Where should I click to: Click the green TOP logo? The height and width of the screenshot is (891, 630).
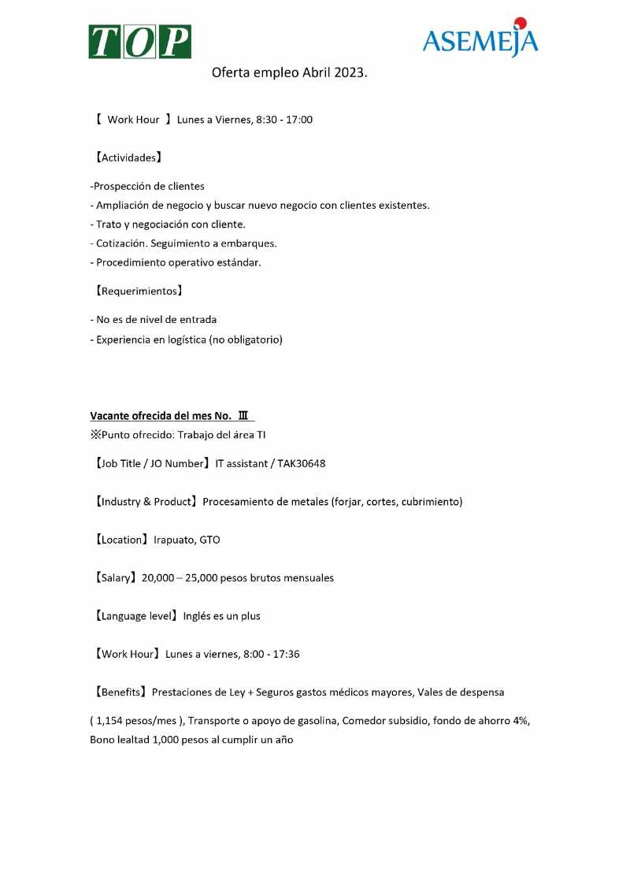[139, 41]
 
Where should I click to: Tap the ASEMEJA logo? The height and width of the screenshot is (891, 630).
[480, 39]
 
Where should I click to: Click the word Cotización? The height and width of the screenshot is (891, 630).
[120, 243]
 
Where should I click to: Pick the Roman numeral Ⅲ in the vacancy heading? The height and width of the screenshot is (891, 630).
[243, 416]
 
